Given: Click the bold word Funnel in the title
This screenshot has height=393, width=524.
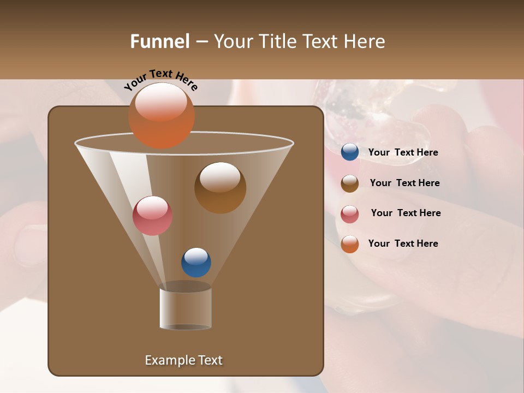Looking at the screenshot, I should click(x=159, y=41).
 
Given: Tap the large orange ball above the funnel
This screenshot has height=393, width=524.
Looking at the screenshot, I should click(x=161, y=116).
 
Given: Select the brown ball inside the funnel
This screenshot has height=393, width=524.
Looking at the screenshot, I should click(x=220, y=188).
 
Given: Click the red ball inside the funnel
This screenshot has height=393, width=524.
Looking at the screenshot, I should click(x=152, y=216).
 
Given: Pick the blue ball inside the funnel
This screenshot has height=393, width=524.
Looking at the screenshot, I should click(x=196, y=262).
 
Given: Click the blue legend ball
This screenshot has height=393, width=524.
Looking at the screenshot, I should click(x=350, y=152).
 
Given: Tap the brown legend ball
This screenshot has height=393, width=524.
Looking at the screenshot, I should click(x=350, y=183).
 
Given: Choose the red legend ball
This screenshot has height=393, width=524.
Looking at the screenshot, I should click(x=350, y=214).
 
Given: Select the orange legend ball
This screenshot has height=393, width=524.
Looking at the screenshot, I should click(x=350, y=244).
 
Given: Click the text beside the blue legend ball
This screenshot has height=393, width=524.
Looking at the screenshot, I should click(x=403, y=152).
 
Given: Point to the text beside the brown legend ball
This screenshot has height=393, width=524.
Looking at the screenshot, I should click(x=404, y=183).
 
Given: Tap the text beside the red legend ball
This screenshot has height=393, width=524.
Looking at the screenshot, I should click(x=406, y=213).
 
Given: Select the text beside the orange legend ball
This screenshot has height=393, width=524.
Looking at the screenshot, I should click(x=403, y=243).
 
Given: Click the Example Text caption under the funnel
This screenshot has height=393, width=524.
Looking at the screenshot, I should click(x=183, y=360).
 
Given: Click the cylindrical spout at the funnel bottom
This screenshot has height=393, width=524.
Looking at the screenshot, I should click(x=185, y=308).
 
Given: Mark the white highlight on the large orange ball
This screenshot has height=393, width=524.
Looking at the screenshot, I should click(x=161, y=101).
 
